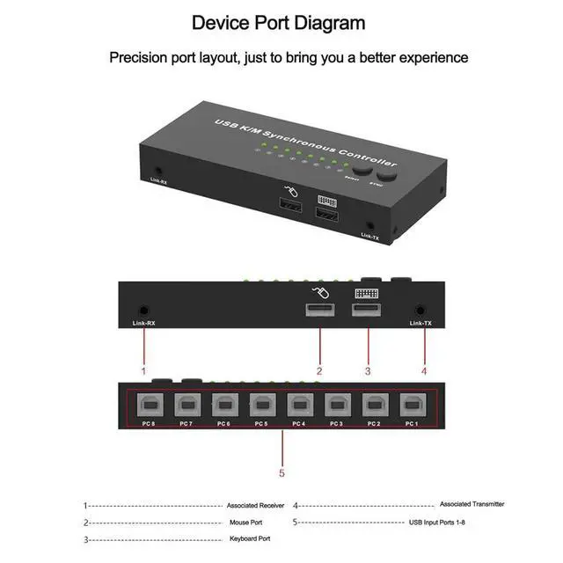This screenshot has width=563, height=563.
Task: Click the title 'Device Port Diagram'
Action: tap(278, 22)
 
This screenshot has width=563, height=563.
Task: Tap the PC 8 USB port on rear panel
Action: tap(147, 406)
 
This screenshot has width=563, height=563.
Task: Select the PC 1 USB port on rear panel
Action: tap(412, 406)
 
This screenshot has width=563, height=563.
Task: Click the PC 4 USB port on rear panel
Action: tap(298, 406)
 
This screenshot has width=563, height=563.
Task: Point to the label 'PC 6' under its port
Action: tap(223, 424)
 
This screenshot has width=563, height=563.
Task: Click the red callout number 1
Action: tap(143, 370)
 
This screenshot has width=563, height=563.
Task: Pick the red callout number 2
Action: tap(319, 370)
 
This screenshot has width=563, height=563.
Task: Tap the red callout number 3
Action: tap(368, 370)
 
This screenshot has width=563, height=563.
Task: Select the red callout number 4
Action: tap(423, 370)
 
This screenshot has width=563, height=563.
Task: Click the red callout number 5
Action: tap(281, 473)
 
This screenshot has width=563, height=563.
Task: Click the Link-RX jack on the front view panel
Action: tap(143, 310)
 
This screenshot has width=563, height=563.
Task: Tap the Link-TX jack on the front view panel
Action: tap(421, 310)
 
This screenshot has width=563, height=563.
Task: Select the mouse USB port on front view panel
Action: tap(320, 311)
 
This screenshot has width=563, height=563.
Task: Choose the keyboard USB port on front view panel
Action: tap(366, 311)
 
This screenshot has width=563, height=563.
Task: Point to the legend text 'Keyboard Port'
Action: tap(250, 538)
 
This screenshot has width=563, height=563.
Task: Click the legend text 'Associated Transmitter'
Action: tap(472, 504)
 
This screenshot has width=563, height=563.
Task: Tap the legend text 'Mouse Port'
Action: tap(247, 523)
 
